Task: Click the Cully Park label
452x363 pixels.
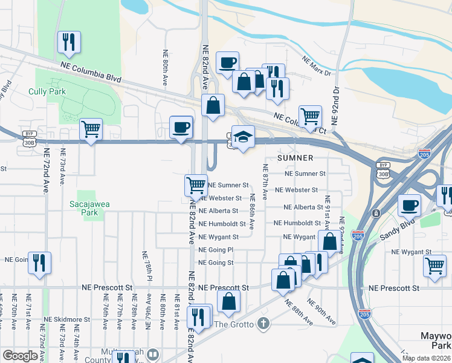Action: pos(47,92)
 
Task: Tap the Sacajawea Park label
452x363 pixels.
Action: pos(83,208)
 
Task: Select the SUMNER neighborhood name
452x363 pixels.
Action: pos(295,158)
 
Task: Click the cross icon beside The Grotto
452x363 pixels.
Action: pos(262,324)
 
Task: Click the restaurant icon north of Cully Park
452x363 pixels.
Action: pos(69,42)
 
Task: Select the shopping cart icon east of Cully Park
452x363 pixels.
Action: pos(91,129)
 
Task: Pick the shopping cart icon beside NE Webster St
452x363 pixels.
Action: pos(196,185)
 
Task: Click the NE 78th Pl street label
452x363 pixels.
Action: pos(145,266)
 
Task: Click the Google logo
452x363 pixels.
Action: pos(20,356)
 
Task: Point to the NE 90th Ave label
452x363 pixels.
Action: pos(321,310)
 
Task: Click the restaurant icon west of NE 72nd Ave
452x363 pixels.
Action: pos(39,263)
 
